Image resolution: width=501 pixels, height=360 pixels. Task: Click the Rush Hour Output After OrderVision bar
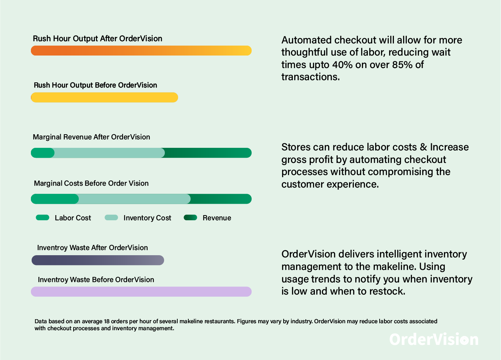click(141, 50)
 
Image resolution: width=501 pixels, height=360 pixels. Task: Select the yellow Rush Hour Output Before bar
click(104, 97)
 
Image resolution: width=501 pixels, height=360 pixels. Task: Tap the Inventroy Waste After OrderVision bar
click(98, 260)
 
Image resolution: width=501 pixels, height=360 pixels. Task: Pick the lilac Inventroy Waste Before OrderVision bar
click(141, 292)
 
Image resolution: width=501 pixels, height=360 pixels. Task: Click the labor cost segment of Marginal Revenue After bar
click(43, 153)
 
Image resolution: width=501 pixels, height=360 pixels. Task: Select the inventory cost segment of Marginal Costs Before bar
click(134, 199)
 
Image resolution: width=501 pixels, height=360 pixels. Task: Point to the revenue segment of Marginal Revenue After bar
click(208, 153)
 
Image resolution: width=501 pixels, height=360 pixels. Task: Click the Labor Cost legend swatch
click(43, 218)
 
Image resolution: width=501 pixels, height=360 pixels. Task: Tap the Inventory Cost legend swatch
click(111, 218)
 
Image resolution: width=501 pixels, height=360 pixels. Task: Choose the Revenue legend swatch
click(190, 218)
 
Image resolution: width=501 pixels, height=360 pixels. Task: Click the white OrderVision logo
click(434, 339)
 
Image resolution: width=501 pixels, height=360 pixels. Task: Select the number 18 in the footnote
click(107, 321)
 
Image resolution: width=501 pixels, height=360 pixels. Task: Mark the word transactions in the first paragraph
click(310, 77)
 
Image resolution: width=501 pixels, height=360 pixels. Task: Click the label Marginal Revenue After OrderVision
click(91, 137)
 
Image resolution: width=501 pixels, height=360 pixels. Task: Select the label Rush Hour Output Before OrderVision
click(95, 85)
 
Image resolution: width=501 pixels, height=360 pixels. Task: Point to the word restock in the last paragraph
click(387, 291)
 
